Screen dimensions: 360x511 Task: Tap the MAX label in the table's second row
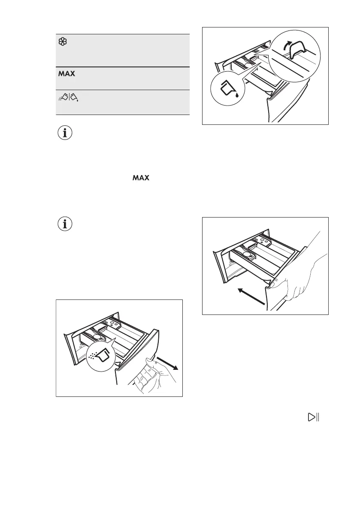(x=67, y=74)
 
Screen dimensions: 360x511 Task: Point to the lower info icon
(x=65, y=224)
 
